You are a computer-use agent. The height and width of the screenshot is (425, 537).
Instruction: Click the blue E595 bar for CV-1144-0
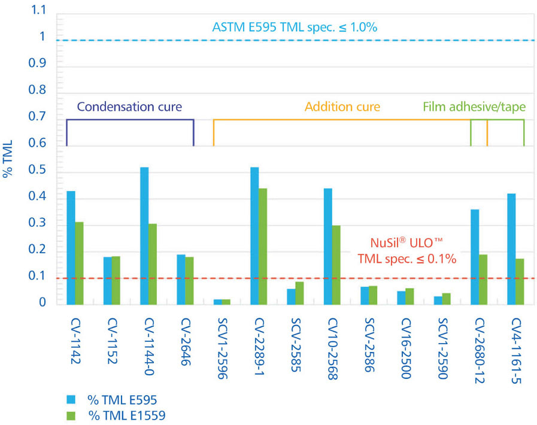tap(144, 236)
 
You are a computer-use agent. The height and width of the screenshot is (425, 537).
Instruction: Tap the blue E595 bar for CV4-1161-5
tap(511, 249)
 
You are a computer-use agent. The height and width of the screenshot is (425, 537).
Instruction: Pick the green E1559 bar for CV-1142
tap(79, 263)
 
